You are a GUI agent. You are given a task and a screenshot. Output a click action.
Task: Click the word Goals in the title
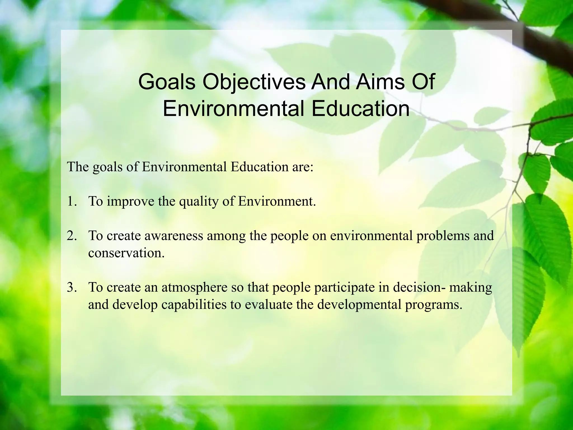tap(166, 82)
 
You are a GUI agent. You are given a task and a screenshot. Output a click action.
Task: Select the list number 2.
tap(71, 236)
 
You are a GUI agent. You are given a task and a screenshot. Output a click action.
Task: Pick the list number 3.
tap(71, 287)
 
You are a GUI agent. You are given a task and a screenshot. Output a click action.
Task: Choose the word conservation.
tap(126, 253)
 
